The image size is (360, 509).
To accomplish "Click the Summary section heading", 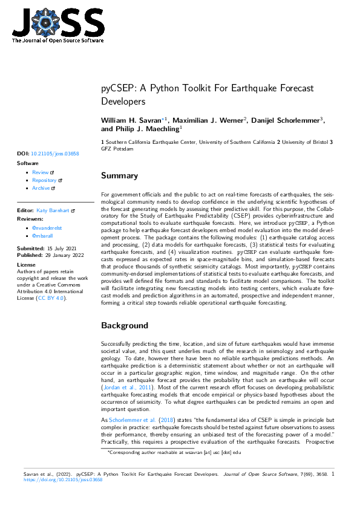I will pyautogui.click(x=119, y=176).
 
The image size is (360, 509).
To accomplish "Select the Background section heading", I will pyautogui.click(x=124, y=325).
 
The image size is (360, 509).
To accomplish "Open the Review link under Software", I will pyautogui.click(x=41, y=172).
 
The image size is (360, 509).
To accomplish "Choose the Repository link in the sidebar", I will pyautogui.click(x=44, y=180).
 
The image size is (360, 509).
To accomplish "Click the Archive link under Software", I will pyautogui.click(x=41, y=188).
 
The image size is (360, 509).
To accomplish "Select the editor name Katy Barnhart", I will pyautogui.click(x=53, y=210).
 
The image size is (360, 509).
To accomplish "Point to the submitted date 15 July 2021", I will pyautogui.click(x=62, y=248).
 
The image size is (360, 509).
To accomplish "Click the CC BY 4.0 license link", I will pyautogui.click(x=50, y=298).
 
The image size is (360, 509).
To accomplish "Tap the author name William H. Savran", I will pyautogui.click(x=134, y=121).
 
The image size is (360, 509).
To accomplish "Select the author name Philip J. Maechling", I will pyautogui.click(x=145, y=129).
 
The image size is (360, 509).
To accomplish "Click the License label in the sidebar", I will pyautogui.click(x=27, y=265).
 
